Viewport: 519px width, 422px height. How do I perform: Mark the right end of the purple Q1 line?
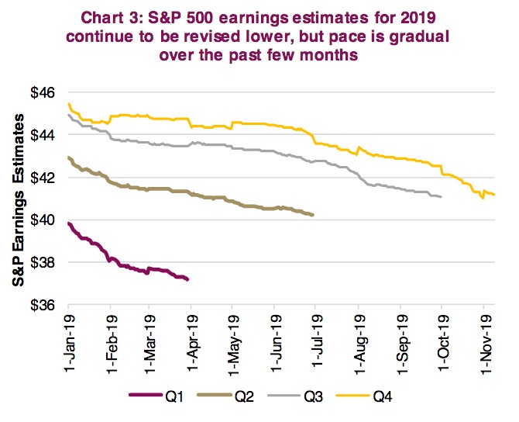tap(188, 279)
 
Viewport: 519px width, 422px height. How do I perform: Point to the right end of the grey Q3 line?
tap(441, 197)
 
